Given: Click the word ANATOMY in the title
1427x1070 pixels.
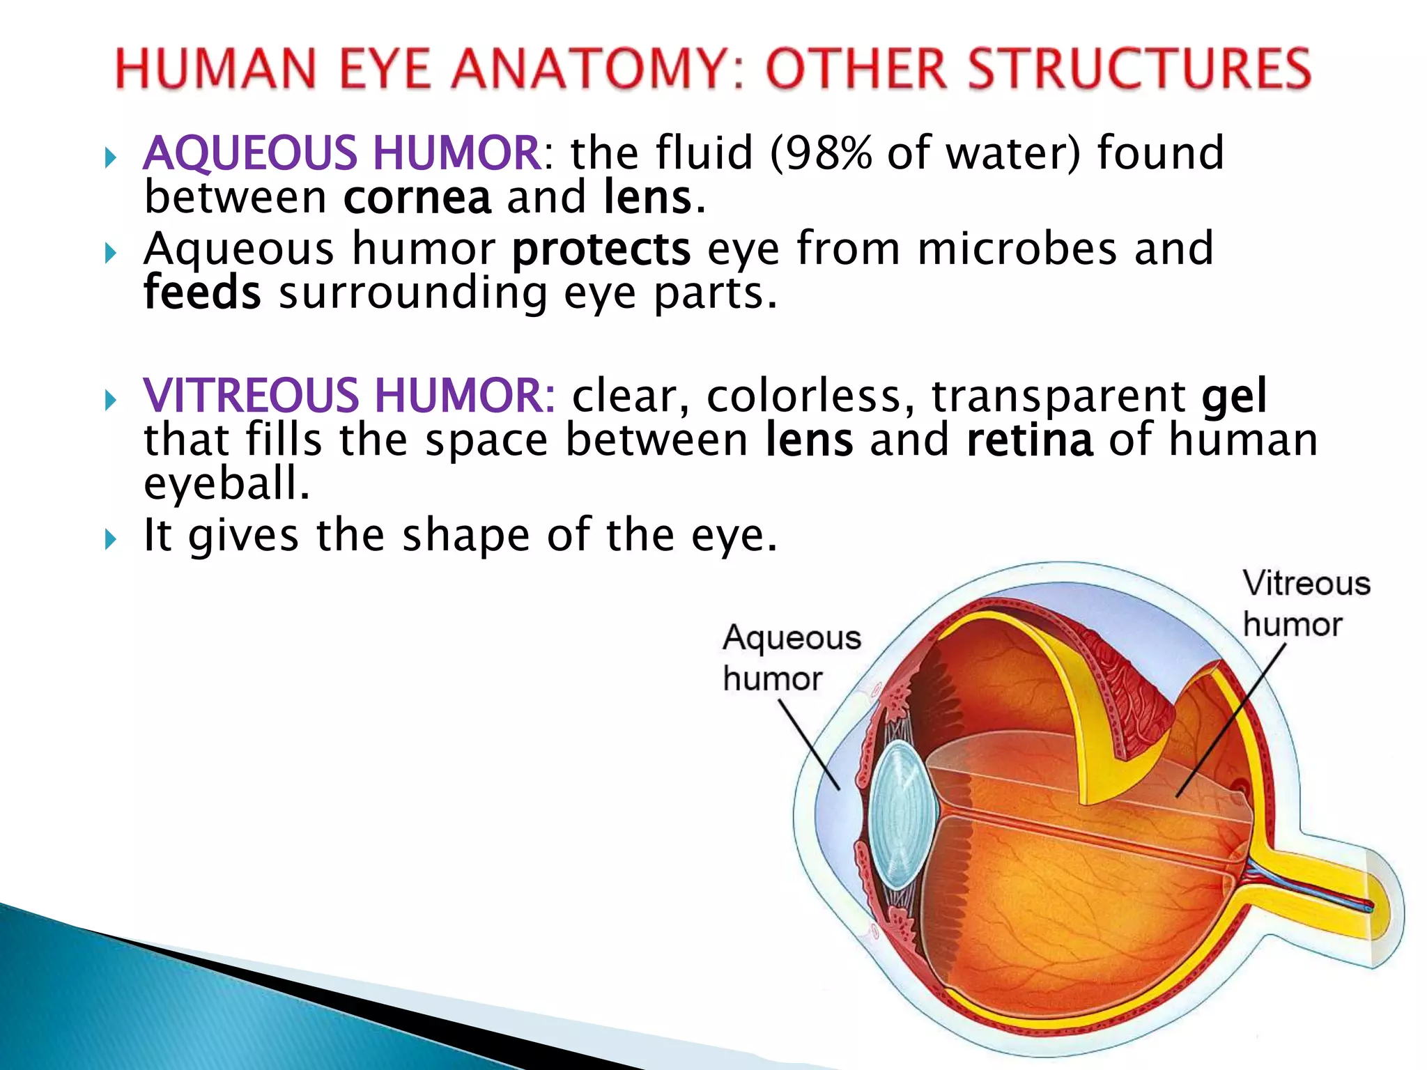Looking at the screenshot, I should pyautogui.click(x=596, y=70).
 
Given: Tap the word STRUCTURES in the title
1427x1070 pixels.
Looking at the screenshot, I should pyautogui.click(x=1039, y=70).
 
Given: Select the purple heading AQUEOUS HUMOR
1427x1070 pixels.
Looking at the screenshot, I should pyautogui.click(x=342, y=153).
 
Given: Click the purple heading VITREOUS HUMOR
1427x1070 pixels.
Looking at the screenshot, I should pyautogui.click(x=348, y=396).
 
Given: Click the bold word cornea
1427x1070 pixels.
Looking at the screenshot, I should pyautogui.click(x=417, y=197).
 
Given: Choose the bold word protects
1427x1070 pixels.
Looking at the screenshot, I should pyautogui.click(x=601, y=249).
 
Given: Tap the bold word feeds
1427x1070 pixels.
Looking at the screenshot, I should pyautogui.click(x=202, y=293).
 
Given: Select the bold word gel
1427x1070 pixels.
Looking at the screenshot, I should pyautogui.click(x=1234, y=396).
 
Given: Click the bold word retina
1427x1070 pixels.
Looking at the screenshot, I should pyautogui.click(x=1030, y=440).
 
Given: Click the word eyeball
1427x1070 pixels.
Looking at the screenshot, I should pyautogui.click(x=226, y=483).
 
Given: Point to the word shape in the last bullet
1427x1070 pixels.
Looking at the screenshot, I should pyautogui.click(x=465, y=535).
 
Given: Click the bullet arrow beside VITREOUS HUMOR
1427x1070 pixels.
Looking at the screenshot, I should pyautogui.click(x=110, y=400).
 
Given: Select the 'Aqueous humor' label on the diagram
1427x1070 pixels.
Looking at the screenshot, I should pyautogui.click(x=792, y=658).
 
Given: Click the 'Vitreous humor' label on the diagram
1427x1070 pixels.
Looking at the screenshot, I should pyautogui.click(x=1306, y=603).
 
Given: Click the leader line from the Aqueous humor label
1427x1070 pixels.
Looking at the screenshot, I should pyautogui.click(x=810, y=745).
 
